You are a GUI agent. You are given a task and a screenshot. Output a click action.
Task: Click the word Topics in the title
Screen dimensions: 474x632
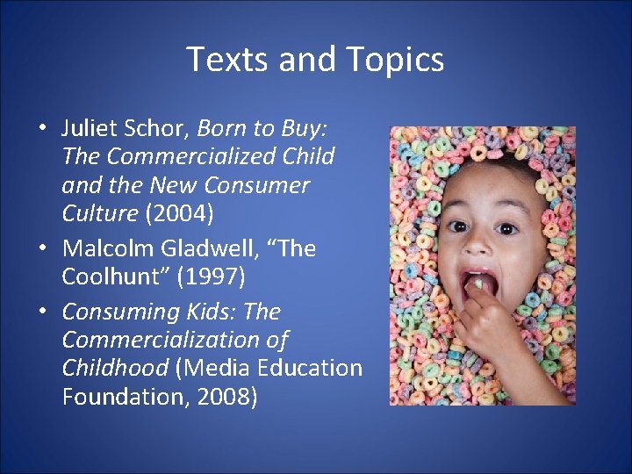pyautogui.click(x=396, y=60)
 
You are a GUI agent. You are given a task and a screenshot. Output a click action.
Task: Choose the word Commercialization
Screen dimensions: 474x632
pyautogui.click(x=175, y=340)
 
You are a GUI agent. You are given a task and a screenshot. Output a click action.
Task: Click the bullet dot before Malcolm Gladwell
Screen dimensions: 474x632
pyautogui.click(x=42, y=249)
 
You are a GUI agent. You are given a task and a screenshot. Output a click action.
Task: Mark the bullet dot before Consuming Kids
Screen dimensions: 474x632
pyautogui.click(x=42, y=312)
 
